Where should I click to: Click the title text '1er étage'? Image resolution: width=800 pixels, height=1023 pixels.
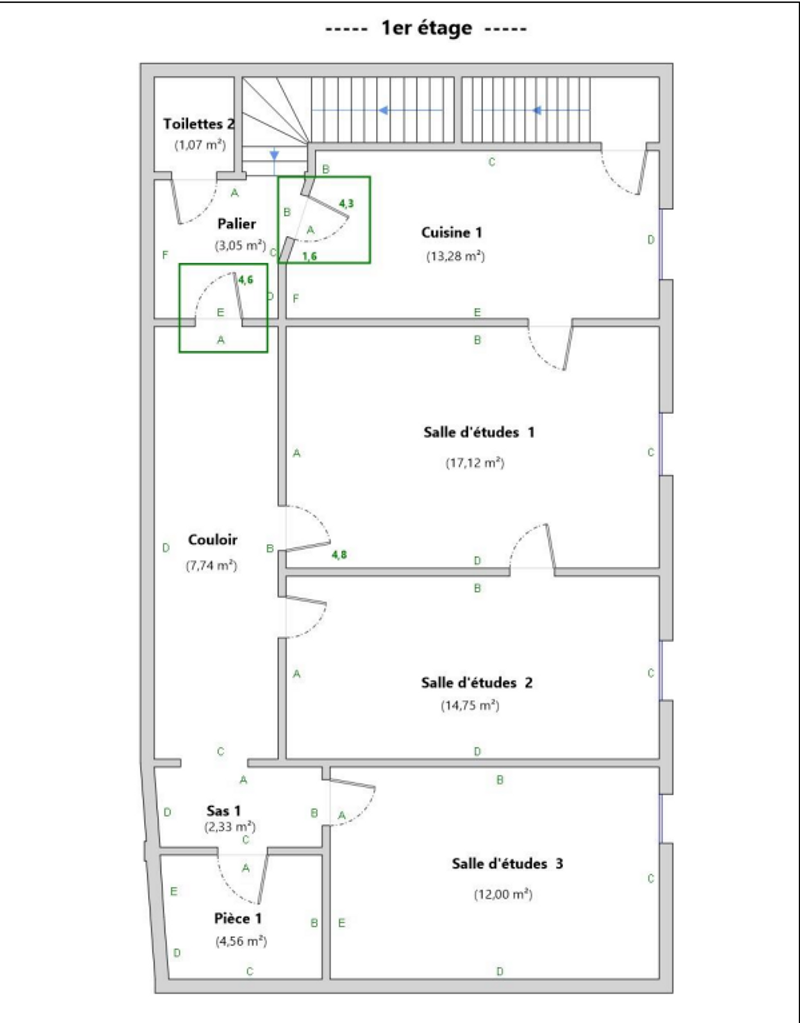tap(426, 28)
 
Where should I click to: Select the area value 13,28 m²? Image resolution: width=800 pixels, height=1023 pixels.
tap(455, 256)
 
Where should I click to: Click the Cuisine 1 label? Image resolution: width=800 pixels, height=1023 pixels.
tap(452, 232)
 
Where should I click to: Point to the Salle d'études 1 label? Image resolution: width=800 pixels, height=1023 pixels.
tap(479, 432)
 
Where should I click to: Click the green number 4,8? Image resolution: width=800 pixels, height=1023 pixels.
tap(339, 554)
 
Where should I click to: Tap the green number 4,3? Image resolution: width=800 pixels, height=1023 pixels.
tap(346, 203)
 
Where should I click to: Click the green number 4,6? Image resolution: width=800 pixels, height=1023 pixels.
tap(246, 280)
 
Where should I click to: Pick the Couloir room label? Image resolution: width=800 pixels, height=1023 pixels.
tap(212, 540)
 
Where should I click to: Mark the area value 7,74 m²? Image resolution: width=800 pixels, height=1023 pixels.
tap(211, 565)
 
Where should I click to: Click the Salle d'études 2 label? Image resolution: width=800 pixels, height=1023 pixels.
tap(476, 683)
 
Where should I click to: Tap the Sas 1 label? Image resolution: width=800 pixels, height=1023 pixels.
tap(223, 810)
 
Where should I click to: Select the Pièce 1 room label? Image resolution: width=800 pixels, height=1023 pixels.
tap(238, 918)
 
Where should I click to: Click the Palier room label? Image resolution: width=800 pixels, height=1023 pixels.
tap(237, 224)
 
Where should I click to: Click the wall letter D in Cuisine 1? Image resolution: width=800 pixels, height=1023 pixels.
tap(650, 240)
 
